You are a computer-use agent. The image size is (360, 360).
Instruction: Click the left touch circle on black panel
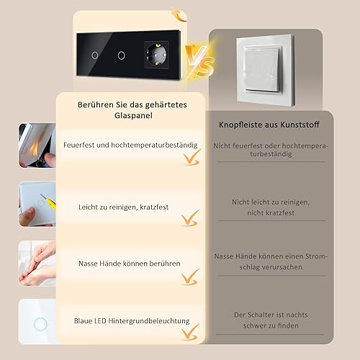pos(95,55)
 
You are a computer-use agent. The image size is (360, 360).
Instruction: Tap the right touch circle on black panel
pos(122,55)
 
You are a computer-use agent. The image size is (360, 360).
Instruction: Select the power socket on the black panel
pos(156,55)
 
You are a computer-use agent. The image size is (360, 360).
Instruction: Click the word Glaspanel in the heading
pos(133,115)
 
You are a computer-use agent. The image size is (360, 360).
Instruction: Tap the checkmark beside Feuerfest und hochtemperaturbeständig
pos(192,158)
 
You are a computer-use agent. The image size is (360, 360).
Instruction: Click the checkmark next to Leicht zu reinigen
pos(190,218)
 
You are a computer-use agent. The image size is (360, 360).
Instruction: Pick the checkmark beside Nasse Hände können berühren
pos(190,277)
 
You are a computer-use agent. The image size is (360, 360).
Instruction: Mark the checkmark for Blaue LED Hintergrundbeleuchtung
pos(190,332)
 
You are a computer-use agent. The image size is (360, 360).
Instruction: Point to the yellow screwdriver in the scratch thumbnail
pos(48,202)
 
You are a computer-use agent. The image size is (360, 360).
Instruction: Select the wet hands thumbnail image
pos(37,264)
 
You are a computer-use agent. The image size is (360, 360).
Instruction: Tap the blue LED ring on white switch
pos(40,324)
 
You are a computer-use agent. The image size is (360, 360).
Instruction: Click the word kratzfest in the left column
pos(154,207)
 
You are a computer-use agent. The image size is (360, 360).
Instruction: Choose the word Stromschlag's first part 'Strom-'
pos(316,256)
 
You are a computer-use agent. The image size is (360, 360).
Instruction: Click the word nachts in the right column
pos(296,315)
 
